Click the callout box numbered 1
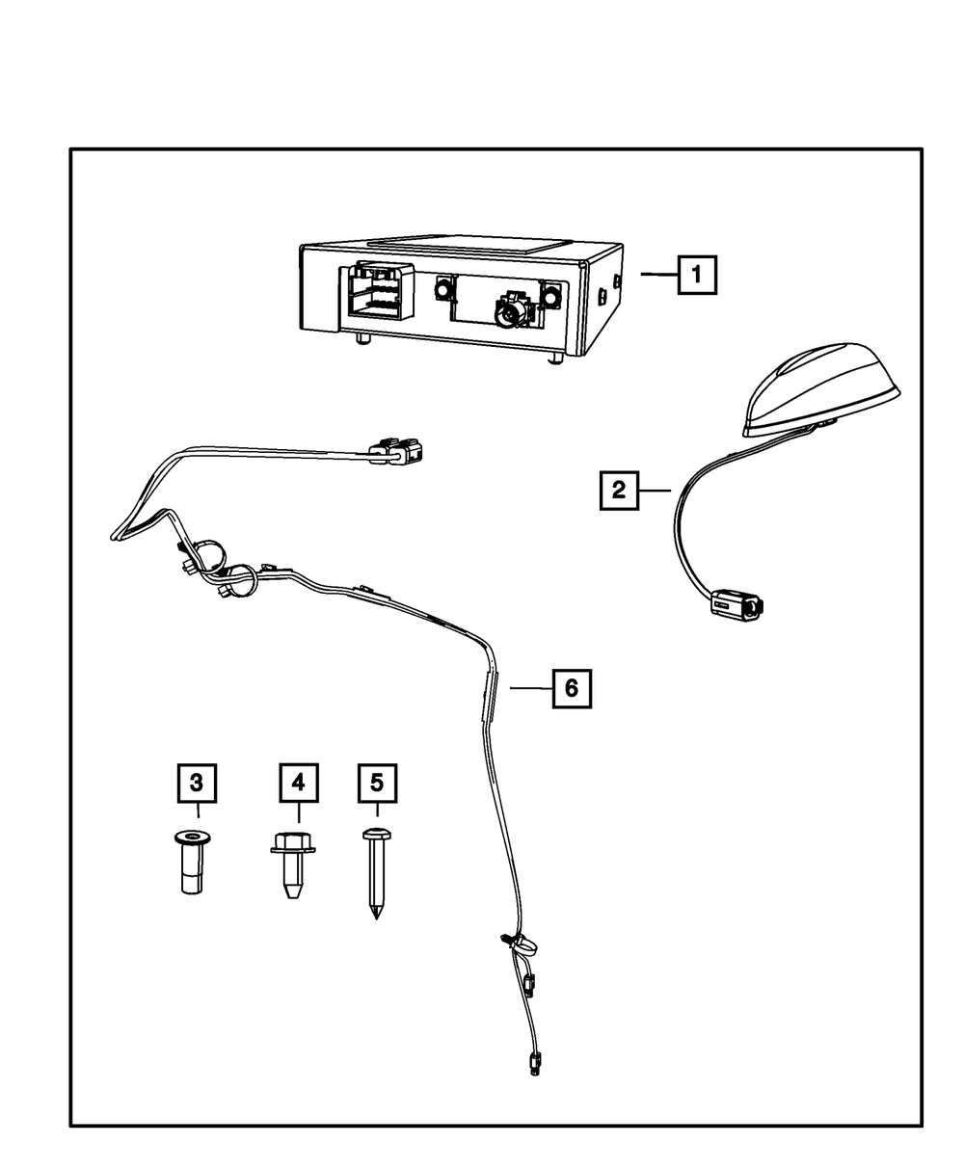tap(697, 275)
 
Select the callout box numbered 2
tap(619, 491)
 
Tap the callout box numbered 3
tap(197, 783)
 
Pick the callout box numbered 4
tap(299, 783)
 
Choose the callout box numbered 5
tap(377, 783)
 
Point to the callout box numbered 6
tap(572, 688)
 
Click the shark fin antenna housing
tap(820, 389)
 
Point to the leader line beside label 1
tap(659, 274)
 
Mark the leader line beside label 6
tap(531, 687)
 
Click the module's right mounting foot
tap(556, 359)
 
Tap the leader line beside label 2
tap(655, 491)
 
